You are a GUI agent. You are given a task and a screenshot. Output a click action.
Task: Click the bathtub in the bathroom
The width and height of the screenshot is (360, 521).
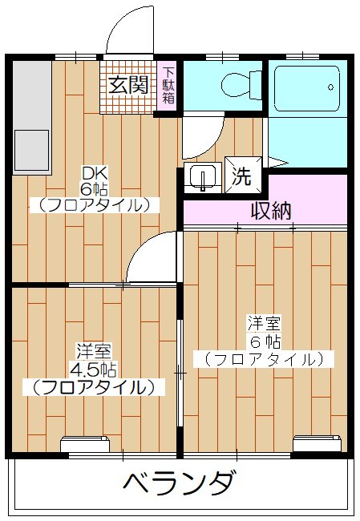click(308, 88)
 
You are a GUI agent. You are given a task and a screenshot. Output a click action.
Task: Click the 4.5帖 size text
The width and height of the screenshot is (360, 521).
click(94, 370)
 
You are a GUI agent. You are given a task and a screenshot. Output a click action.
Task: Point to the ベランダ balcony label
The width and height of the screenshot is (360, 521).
click(180, 484)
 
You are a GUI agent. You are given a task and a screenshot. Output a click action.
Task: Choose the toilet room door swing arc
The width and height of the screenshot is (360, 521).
click(200, 136)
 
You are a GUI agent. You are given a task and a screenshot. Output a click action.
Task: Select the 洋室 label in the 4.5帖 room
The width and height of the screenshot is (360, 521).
click(94, 351)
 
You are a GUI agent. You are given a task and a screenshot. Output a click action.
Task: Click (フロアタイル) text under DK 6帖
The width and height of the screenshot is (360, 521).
click(94, 204)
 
